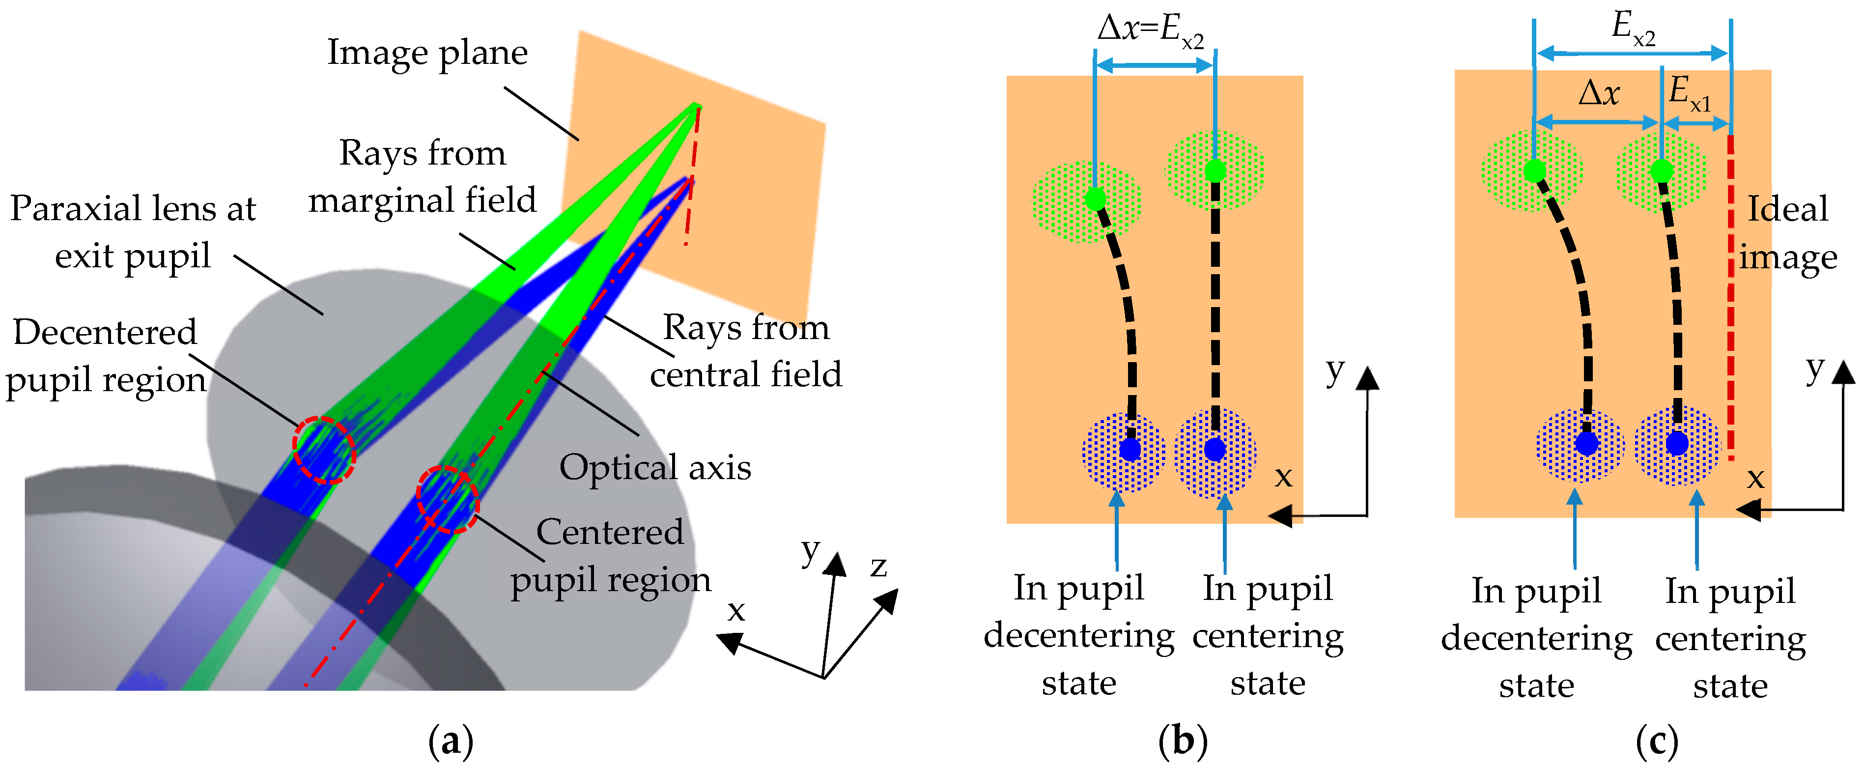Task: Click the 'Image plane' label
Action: tap(427, 52)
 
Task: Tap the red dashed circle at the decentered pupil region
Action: tap(324, 450)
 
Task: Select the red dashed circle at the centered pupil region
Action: tap(448, 499)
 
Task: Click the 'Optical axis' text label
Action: tap(655, 467)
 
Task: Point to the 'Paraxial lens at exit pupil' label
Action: tap(133, 231)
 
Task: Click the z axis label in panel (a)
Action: tap(878, 566)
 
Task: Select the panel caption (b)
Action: tap(1183, 740)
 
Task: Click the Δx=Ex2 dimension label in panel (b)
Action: tap(1151, 30)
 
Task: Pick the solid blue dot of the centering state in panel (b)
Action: tap(1215, 450)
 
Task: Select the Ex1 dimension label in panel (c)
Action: tap(1689, 94)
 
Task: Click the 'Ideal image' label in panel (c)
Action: tap(1787, 233)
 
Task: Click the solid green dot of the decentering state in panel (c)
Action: tap(1534, 171)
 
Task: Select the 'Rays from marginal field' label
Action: tap(423, 176)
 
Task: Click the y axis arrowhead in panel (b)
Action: tap(1367, 378)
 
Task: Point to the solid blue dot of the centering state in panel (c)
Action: tap(1677, 443)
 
